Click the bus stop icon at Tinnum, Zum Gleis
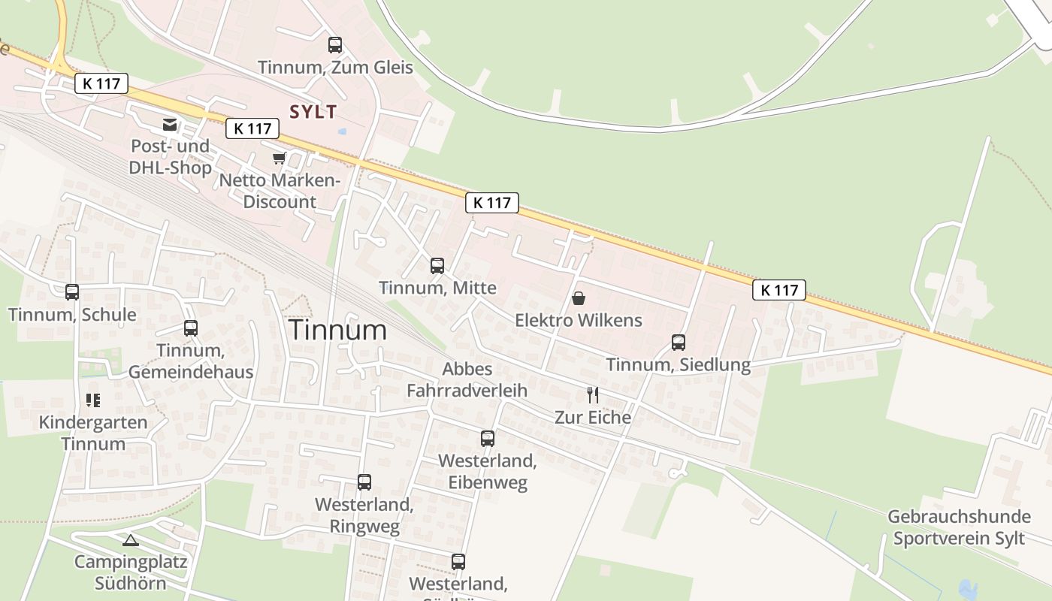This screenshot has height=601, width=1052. tap(335, 45)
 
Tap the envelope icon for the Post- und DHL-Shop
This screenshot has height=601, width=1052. tap(170, 124)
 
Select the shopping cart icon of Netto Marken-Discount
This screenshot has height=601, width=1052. tap(280, 158)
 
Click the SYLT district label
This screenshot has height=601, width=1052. tap(313, 112)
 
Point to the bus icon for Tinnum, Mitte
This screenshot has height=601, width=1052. tap(437, 265)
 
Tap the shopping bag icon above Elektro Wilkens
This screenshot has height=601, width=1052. tap(579, 298)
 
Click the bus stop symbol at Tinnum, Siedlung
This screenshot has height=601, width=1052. tap(679, 343)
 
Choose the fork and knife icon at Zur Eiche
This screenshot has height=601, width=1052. tap(593, 394)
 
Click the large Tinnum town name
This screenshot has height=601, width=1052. tap(338, 330)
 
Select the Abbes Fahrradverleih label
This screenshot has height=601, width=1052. tap(467, 379)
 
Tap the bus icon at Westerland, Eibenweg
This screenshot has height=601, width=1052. tap(488, 439)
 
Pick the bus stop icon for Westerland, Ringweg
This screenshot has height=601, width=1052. tap(364, 482)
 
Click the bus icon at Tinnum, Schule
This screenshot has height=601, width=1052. tap(72, 292)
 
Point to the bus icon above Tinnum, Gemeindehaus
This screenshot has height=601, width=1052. tap(191, 328)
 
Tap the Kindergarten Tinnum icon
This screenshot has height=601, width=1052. tap(93, 400)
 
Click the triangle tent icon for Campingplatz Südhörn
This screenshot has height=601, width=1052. tap(131, 540)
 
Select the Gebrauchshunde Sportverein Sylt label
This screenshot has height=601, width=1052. tap(959, 527)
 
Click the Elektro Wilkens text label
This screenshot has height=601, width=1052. tap(579, 321)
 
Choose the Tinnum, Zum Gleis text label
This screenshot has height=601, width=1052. tap(335, 68)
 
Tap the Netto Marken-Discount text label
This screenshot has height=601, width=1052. tap(280, 192)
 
